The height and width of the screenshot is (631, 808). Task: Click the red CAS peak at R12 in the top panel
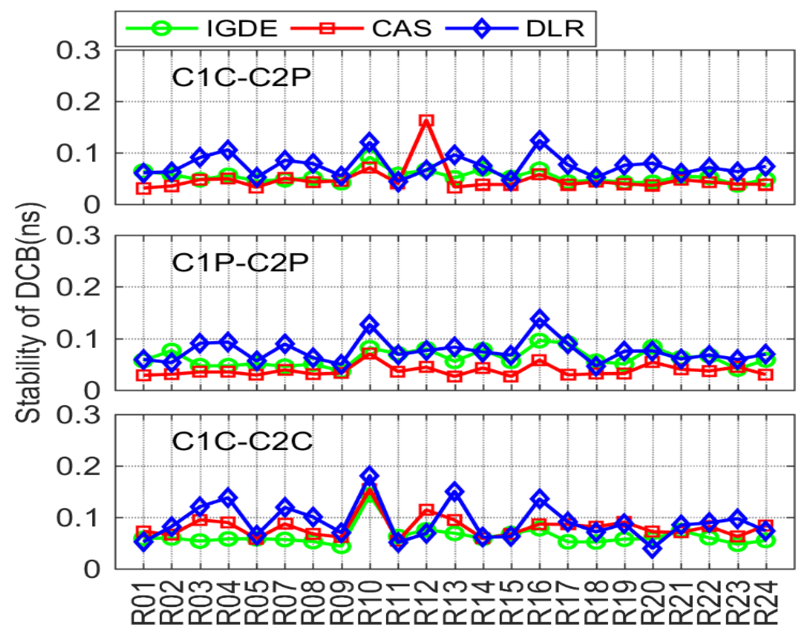coord(427,120)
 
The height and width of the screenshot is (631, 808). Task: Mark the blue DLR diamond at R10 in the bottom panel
coord(369,475)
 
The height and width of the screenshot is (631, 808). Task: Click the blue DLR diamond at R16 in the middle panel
coord(540,319)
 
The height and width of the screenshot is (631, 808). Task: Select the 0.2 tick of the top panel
coord(78,101)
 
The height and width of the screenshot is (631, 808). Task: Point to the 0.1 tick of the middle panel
coord(78,339)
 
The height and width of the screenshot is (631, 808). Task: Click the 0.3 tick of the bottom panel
coord(78,414)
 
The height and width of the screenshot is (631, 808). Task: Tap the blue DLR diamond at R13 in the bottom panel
coord(455,492)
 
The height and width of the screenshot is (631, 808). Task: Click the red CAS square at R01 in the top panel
coord(144,188)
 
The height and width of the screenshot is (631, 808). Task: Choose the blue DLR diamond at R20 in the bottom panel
coord(653,548)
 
